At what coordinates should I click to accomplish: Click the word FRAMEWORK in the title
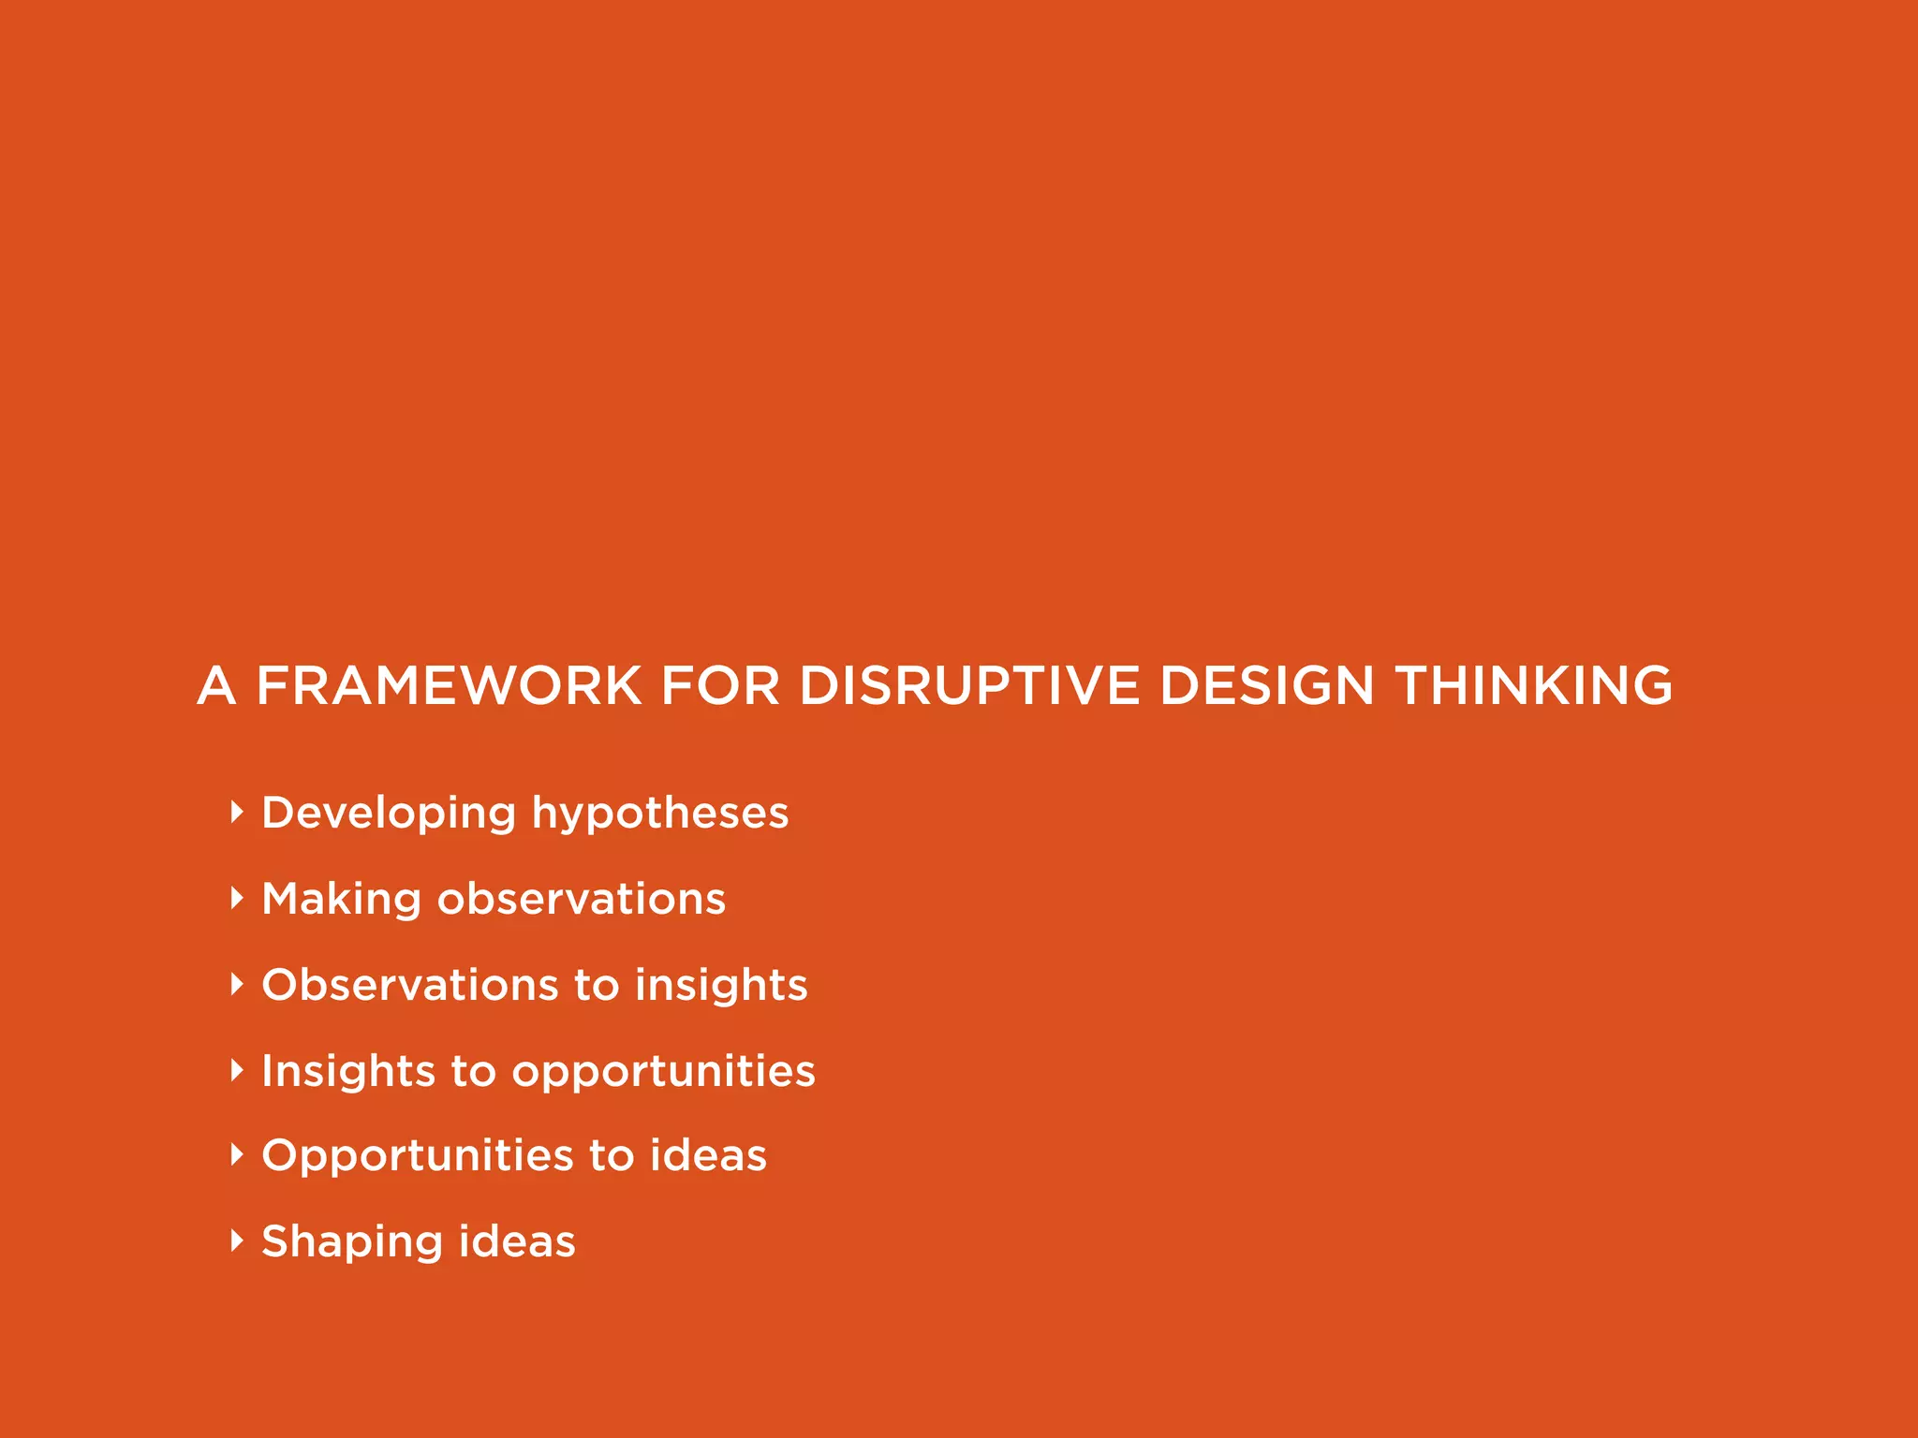click(449, 685)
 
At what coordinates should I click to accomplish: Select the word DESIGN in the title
click(1266, 685)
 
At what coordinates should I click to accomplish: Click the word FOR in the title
click(719, 685)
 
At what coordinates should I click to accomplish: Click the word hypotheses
click(660, 813)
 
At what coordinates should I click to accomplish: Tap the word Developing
click(389, 813)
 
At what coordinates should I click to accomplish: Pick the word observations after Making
click(582, 899)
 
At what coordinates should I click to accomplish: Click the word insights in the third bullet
click(721, 985)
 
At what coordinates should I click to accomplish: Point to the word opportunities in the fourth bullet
click(663, 1071)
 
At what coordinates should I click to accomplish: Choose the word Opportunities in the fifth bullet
click(417, 1155)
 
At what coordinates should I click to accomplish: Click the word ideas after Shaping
click(517, 1241)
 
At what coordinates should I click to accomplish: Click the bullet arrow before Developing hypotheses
click(237, 812)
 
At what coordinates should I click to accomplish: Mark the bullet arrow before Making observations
click(237, 898)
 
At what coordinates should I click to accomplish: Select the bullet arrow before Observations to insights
click(237, 984)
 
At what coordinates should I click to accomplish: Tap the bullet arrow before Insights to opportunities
click(237, 1070)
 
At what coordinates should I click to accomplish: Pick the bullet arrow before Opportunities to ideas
click(237, 1154)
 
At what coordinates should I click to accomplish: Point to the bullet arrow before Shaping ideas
click(237, 1240)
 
